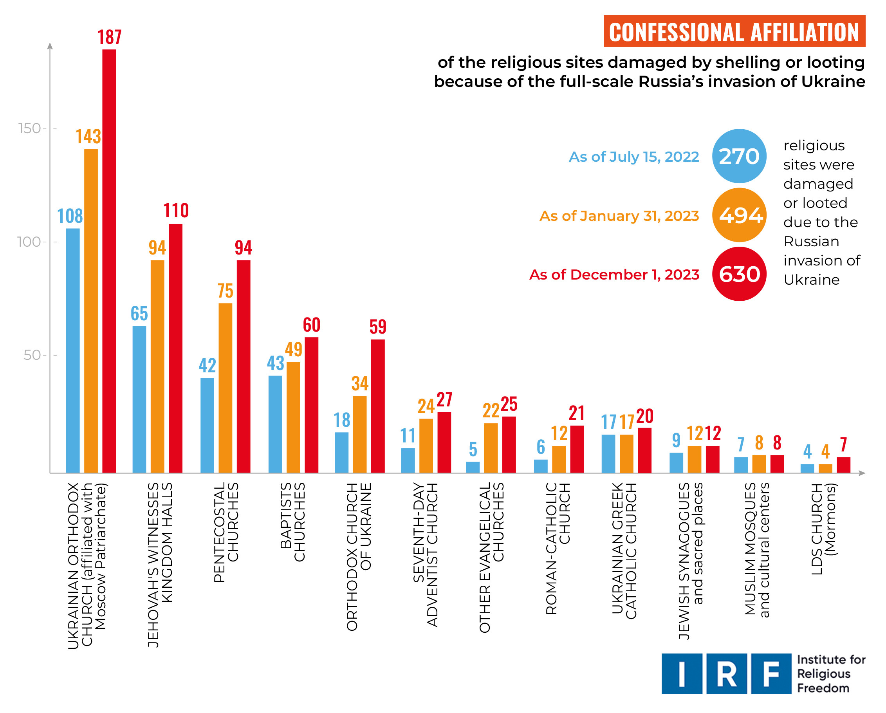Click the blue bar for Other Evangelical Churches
[473, 467]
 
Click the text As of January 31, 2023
[619, 216]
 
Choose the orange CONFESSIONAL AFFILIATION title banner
[734, 32]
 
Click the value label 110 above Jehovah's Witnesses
[176, 211]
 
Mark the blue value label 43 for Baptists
[275, 363]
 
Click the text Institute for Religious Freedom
[830, 674]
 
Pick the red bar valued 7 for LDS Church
[843, 465]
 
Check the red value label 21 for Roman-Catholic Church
[577, 413]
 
